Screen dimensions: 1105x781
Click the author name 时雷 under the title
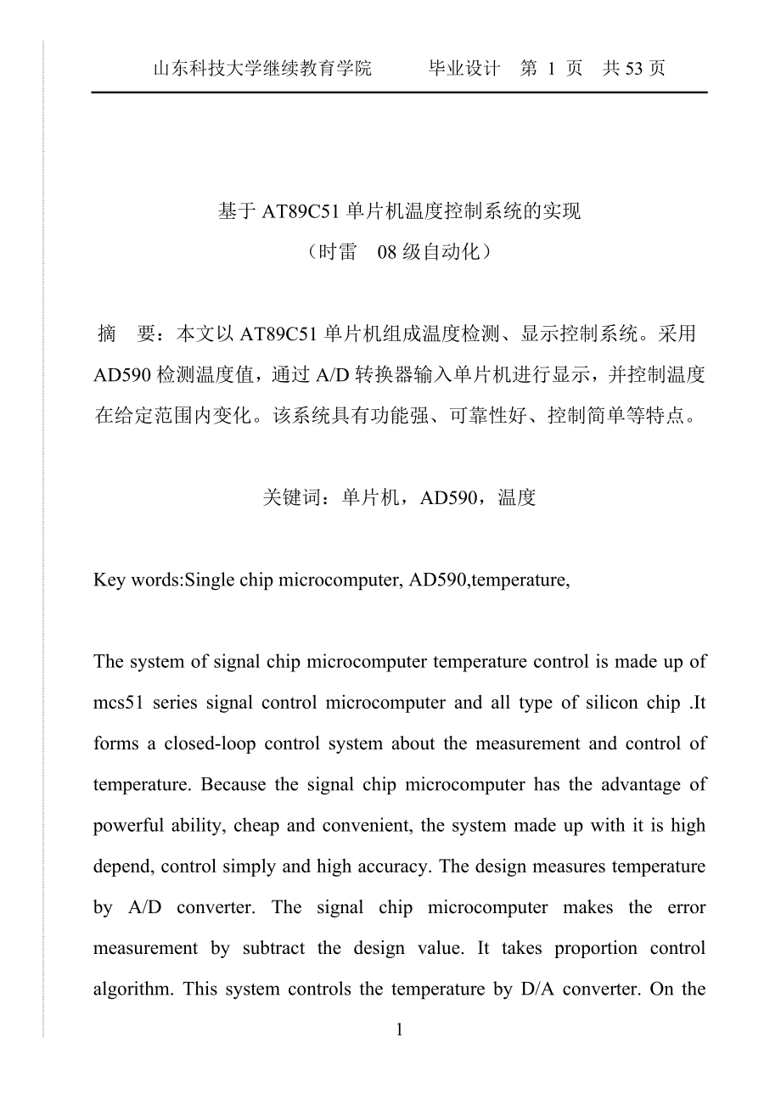click(337, 253)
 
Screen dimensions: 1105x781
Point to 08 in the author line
click(386, 253)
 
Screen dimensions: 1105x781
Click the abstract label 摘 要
click(125, 334)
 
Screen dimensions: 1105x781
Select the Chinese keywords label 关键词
click(293, 498)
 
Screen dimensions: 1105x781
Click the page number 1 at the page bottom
click(400, 1030)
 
